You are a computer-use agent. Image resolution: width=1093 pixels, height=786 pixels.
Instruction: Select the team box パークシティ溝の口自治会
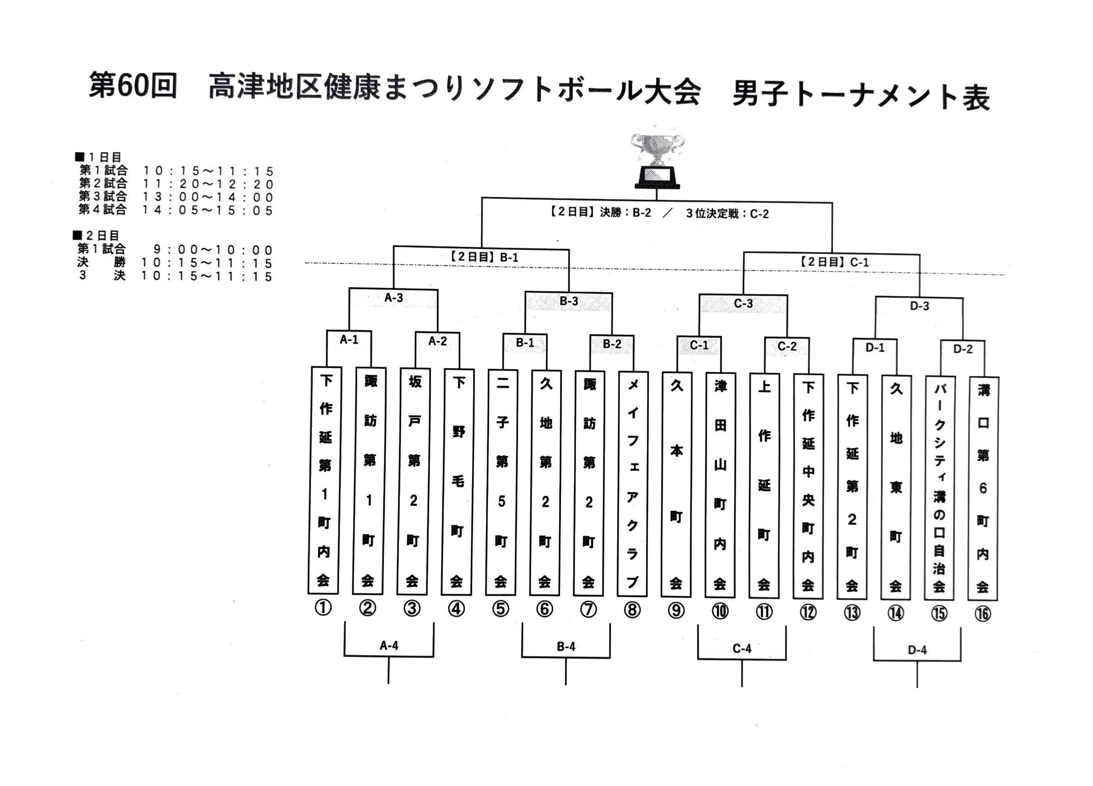[x=939, y=488]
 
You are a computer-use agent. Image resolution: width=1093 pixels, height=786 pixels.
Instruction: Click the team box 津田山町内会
[x=720, y=485]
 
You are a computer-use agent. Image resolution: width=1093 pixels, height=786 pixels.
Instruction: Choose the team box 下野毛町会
[x=458, y=482]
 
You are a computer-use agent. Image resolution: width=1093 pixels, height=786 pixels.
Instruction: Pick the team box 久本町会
[x=676, y=484]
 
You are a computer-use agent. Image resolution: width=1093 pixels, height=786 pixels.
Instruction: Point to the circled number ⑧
[x=632, y=610]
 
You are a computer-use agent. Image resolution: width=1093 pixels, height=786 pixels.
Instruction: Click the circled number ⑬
[x=852, y=613]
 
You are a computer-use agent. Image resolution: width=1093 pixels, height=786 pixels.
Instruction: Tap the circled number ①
[x=323, y=608]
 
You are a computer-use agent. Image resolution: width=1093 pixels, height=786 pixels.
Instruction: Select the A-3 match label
[x=394, y=298]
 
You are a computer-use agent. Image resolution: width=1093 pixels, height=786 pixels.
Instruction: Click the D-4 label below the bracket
[x=917, y=650]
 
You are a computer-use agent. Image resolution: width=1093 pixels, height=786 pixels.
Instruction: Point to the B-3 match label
[x=569, y=301]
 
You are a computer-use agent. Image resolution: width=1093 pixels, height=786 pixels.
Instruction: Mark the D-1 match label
[x=875, y=347]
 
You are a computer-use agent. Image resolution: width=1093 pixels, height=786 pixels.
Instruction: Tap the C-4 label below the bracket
[x=742, y=649]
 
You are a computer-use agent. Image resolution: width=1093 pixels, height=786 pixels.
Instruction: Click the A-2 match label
[x=437, y=341]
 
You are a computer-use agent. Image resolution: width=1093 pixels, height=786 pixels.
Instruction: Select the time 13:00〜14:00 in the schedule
[x=208, y=197]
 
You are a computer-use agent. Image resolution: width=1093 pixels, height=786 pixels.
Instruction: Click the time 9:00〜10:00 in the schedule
[x=213, y=249]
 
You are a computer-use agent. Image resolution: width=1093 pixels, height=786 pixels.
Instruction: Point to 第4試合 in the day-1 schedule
[x=103, y=209]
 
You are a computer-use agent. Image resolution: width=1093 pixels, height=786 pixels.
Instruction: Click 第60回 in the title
[x=133, y=85]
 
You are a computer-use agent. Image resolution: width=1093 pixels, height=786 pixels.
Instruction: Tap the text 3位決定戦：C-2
[x=727, y=214]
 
